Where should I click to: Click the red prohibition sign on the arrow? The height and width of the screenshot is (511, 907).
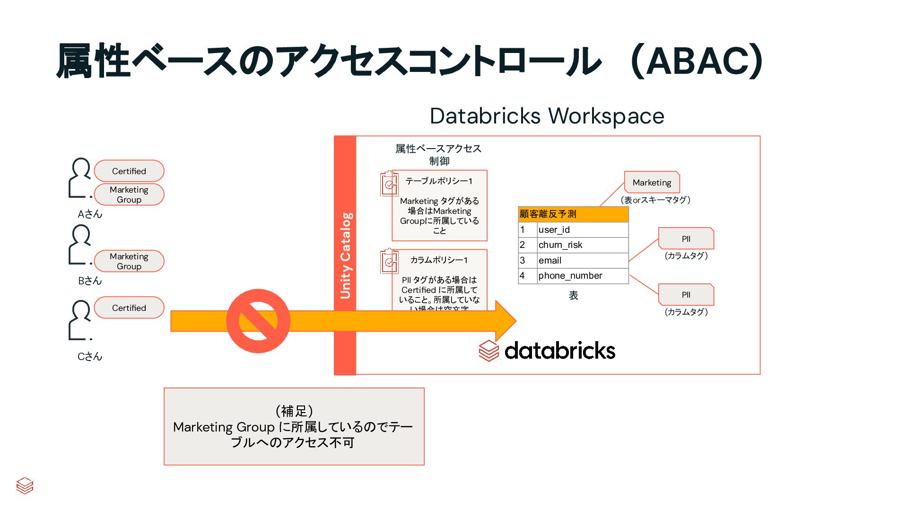coord(258,321)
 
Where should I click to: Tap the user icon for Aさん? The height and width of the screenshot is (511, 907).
coord(80,177)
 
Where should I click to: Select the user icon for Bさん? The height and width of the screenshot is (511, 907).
coord(80,244)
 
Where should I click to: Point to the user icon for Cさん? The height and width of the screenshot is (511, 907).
coord(80,320)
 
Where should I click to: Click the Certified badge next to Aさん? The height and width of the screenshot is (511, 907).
coord(129,171)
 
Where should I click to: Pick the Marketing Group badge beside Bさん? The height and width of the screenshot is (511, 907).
coord(129,261)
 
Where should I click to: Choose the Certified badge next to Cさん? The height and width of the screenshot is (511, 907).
coord(129,308)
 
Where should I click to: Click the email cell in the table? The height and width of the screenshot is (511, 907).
coord(582,260)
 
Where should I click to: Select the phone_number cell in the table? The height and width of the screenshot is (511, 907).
coord(582,275)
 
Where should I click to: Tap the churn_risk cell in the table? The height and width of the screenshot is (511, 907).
coord(582,245)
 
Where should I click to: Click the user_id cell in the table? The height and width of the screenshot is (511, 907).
coord(582,229)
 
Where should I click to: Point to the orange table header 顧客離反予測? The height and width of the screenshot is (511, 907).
coord(573,214)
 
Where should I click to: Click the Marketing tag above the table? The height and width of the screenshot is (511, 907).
coord(652,182)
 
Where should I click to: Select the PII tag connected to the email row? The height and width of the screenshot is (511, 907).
coord(686,238)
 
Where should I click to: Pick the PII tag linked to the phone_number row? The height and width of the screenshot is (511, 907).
coord(686,295)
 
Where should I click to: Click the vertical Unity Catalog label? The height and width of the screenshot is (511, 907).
coord(345,255)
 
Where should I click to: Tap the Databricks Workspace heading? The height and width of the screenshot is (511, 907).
coord(547,116)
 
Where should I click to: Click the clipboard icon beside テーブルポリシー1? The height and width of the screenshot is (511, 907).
coord(389,183)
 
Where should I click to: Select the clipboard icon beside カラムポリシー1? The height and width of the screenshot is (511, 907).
coord(389,261)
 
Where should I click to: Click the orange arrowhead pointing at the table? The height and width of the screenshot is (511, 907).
coord(505,320)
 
